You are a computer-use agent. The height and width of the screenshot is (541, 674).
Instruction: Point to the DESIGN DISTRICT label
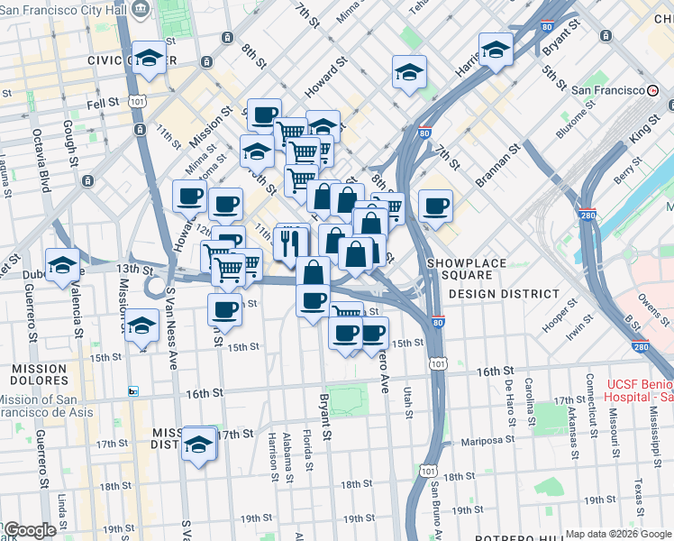click(x=504, y=294)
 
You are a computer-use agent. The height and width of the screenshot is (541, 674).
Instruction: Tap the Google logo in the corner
click(x=29, y=530)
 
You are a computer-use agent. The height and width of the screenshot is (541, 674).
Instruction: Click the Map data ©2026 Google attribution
click(x=618, y=534)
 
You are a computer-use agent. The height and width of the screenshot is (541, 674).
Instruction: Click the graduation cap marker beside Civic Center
click(x=150, y=59)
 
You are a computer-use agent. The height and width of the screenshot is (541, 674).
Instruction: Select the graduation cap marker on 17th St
click(x=199, y=445)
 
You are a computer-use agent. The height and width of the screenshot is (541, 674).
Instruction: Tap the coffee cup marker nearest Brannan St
click(x=434, y=206)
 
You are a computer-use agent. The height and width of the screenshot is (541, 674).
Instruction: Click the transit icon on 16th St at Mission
click(x=133, y=391)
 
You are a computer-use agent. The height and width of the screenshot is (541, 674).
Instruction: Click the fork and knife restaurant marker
click(x=290, y=242)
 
